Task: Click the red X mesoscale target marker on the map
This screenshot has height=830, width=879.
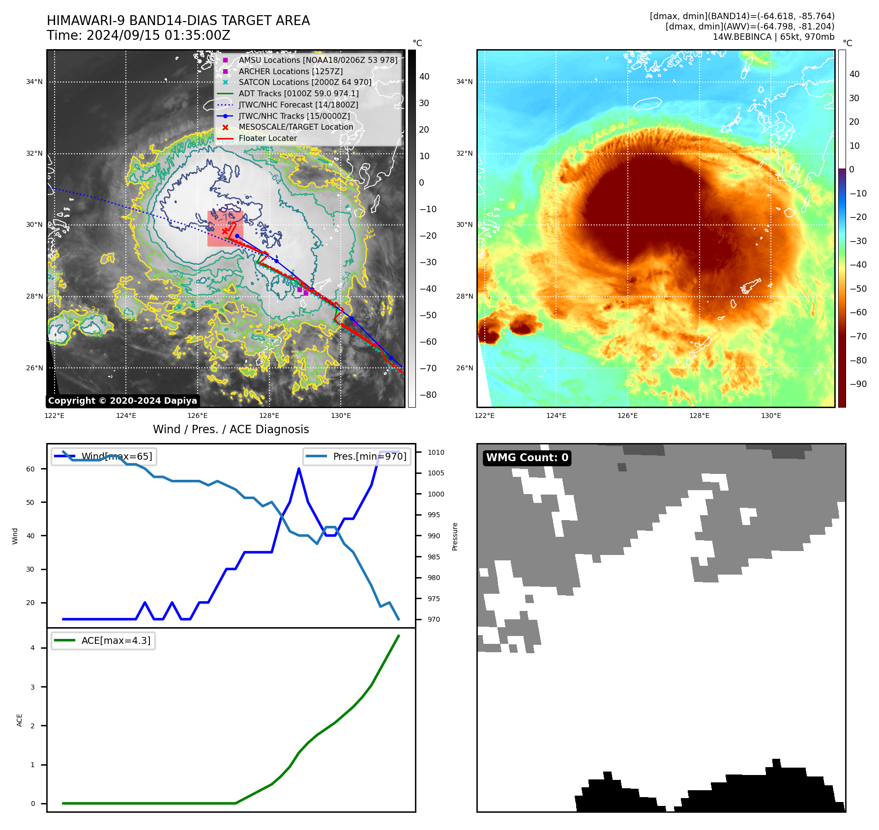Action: click(225, 231)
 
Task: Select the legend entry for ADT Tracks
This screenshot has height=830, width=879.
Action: click(298, 93)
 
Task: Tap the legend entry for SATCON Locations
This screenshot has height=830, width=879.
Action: click(305, 82)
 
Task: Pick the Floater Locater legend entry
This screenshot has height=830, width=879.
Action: click(267, 138)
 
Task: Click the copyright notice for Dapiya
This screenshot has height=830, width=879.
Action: click(122, 401)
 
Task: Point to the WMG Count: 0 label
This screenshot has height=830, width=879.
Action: click(527, 458)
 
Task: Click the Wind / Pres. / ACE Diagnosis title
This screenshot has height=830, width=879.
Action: click(231, 429)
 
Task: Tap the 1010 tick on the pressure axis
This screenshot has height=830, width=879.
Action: click(436, 452)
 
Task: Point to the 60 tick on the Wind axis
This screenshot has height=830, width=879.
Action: click(30, 469)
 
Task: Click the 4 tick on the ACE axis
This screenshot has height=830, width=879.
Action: click(33, 648)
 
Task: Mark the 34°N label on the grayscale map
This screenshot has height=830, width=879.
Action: click(34, 82)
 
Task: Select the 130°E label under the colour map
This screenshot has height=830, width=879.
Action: click(771, 415)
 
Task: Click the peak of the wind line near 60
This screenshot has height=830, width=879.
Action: click(299, 469)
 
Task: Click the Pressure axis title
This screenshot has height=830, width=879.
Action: click(455, 536)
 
